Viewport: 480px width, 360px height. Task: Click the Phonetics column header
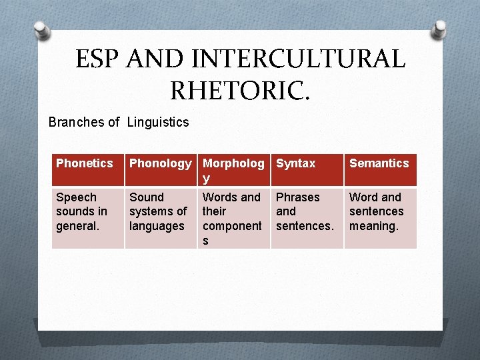pos(88,169)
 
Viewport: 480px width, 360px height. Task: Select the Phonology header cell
pos(160,169)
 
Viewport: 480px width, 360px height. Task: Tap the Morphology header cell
pos(233,169)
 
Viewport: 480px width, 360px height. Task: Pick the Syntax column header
pos(307,169)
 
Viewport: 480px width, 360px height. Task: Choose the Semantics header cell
pos(380,169)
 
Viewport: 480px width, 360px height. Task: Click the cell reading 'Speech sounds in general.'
pos(88,218)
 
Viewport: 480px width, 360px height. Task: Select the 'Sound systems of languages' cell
pos(160,218)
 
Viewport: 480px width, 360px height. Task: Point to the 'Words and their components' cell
pos(233,218)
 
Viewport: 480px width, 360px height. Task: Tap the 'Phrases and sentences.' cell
pos(307,218)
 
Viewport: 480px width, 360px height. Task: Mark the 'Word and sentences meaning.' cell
pos(380,218)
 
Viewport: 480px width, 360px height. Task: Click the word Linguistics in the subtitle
pos(158,122)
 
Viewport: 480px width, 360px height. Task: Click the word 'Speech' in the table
pos(76,197)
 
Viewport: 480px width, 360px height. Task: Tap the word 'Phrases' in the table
pos(298,197)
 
